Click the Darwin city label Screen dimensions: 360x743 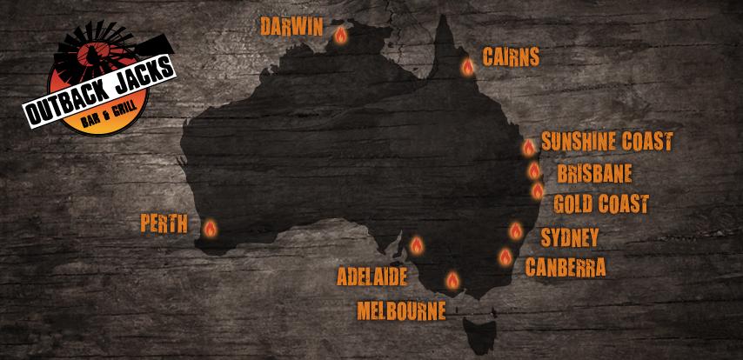pyautogui.click(x=292, y=26)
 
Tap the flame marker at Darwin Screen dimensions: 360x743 pyautogui.click(x=340, y=36)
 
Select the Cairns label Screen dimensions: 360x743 pyautogui.click(x=509, y=57)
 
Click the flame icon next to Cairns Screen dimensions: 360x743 pyautogui.click(x=467, y=65)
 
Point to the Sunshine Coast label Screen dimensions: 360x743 pyautogui.click(x=607, y=142)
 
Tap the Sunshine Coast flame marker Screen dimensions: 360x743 pyautogui.click(x=528, y=148)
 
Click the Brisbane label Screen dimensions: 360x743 pyautogui.click(x=593, y=173)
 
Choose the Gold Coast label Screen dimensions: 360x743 pyautogui.click(x=601, y=204)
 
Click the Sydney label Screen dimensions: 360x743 pyautogui.click(x=570, y=237)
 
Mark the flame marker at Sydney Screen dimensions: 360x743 pyautogui.click(x=516, y=230)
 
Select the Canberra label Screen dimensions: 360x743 pyautogui.click(x=566, y=266)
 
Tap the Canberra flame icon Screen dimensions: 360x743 pyautogui.click(x=505, y=255)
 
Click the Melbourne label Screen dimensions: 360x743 pyautogui.click(x=401, y=310)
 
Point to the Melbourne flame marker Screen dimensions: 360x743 pyautogui.click(x=452, y=279)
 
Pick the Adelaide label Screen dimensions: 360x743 pyautogui.click(x=372, y=277)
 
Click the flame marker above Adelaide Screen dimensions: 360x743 pyautogui.click(x=417, y=245)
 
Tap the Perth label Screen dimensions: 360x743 pyautogui.click(x=164, y=223)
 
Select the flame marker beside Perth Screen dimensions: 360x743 pyautogui.click(x=210, y=229)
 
